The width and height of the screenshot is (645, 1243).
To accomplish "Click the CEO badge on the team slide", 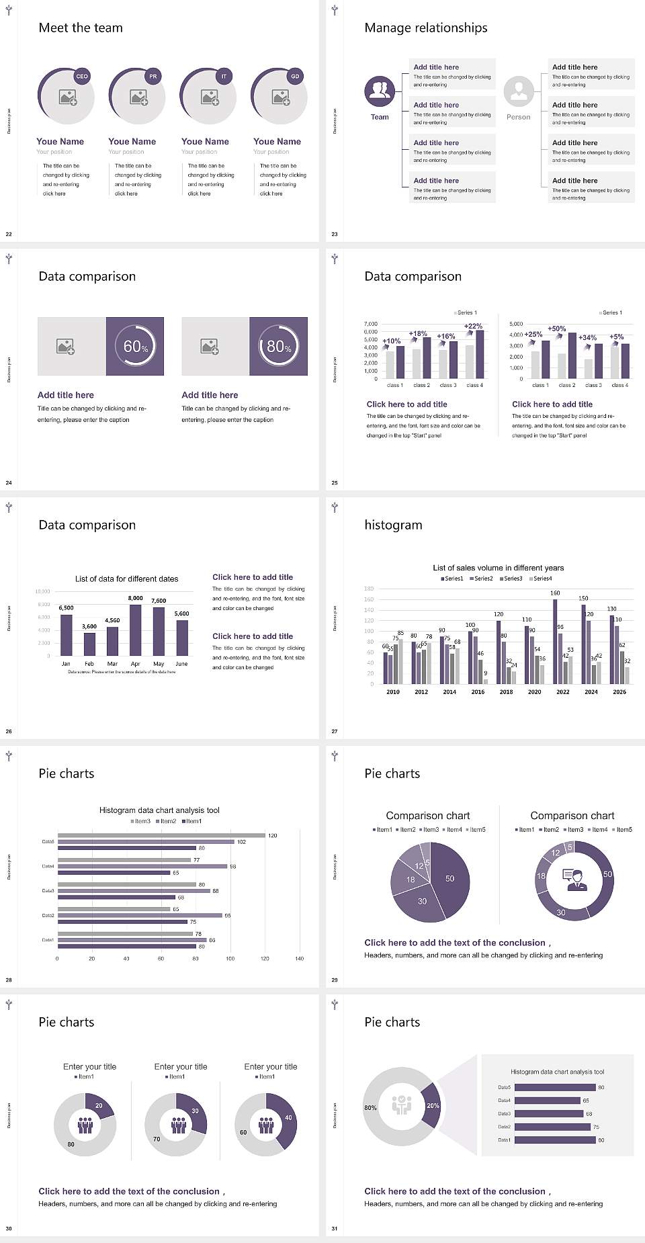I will tap(82, 77).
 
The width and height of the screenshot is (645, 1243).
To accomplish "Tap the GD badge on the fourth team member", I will tap(295, 77).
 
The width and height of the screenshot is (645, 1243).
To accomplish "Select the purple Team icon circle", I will tap(380, 91).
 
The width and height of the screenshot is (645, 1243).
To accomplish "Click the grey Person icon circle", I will tap(519, 91).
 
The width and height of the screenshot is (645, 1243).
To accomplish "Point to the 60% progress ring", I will tap(135, 346).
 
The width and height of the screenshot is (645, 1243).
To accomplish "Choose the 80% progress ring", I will tap(279, 346).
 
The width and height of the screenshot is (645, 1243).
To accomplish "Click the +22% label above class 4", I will tap(473, 326).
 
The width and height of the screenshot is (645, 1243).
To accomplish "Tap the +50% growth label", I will tap(556, 329).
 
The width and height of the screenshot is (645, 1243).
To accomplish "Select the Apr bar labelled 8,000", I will tap(136, 630).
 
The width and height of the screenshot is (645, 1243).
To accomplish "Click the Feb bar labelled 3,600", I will tap(89, 644).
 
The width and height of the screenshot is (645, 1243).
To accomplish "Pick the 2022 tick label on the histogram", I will tap(563, 691).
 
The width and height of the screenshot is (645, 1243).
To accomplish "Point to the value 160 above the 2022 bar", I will tap(555, 593).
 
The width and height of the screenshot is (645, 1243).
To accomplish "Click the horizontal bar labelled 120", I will tap(161, 835).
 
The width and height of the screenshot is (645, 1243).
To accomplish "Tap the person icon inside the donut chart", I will tap(575, 880).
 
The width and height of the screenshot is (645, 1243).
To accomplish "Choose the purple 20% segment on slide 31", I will tap(432, 1105).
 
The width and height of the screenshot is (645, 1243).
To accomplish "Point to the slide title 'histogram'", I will tap(393, 525).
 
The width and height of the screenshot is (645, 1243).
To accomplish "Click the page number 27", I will tap(335, 731).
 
